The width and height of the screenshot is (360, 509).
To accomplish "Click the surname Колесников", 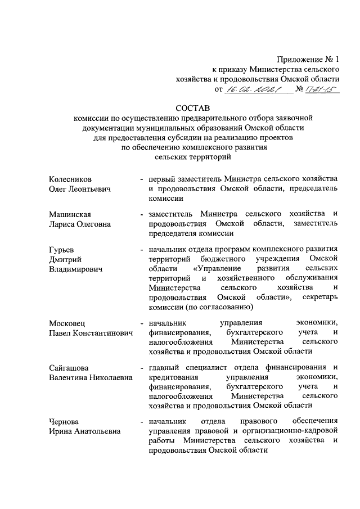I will (70, 178).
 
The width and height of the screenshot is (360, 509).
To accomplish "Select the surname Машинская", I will (70, 214).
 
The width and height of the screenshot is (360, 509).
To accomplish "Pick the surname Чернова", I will (64, 421).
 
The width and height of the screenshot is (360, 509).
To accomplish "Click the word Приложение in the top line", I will (296, 59).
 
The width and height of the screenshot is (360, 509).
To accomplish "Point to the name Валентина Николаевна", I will (91, 378).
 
